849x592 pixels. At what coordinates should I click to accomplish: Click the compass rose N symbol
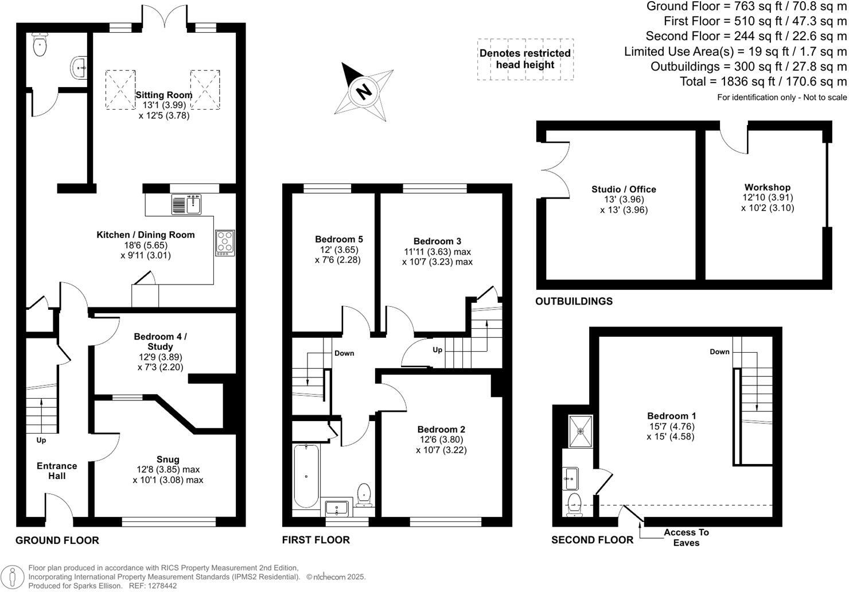(363, 91)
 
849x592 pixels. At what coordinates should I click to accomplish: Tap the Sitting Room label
(163, 95)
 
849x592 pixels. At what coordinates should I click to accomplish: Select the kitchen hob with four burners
(225, 242)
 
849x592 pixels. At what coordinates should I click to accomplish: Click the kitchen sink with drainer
(186, 204)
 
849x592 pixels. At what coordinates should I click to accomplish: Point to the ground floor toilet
(40, 46)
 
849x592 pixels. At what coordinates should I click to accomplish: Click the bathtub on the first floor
(306, 476)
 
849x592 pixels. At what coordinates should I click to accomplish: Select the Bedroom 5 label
(338, 239)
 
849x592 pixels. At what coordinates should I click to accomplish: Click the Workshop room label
(767, 187)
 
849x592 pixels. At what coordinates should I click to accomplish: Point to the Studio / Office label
(624, 189)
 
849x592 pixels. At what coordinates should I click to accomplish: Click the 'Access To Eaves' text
(686, 538)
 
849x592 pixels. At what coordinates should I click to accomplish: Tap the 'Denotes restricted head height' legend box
(525, 59)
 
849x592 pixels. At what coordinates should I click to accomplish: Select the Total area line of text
(763, 81)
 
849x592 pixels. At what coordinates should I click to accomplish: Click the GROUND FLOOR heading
(57, 540)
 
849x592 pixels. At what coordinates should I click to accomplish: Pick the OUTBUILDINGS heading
(574, 301)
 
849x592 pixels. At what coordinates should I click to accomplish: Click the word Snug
(168, 459)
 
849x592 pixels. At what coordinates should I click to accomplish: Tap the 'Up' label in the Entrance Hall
(41, 441)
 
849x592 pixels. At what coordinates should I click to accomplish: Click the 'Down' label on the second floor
(719, 352)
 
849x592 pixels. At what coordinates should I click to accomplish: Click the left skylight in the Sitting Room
(120, 89)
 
